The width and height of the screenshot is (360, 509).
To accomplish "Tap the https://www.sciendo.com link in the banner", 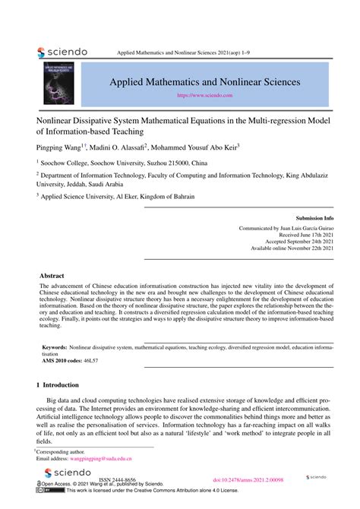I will point(204,96).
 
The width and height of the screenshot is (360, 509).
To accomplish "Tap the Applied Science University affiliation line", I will point(118,196).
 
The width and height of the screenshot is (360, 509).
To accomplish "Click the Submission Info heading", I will point(313,217).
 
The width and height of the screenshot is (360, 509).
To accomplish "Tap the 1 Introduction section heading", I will point(63,385).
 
